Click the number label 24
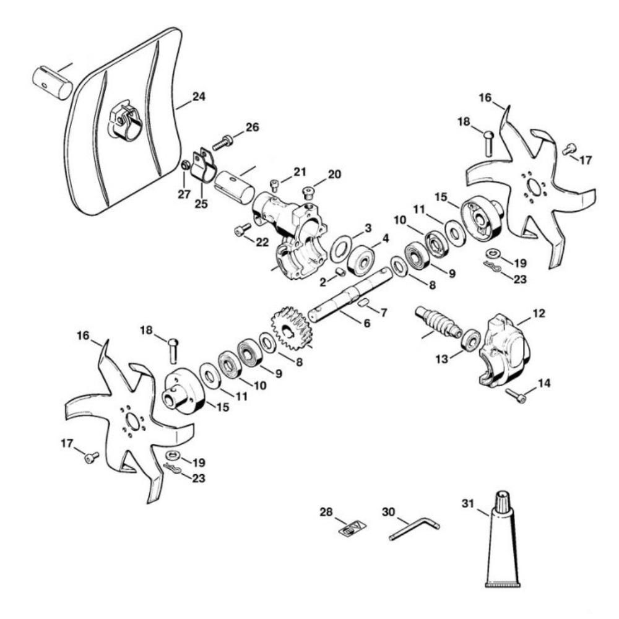(x=199, y=97)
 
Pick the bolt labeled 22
(x=240, y=231)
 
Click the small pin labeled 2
(x=340, y=272)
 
